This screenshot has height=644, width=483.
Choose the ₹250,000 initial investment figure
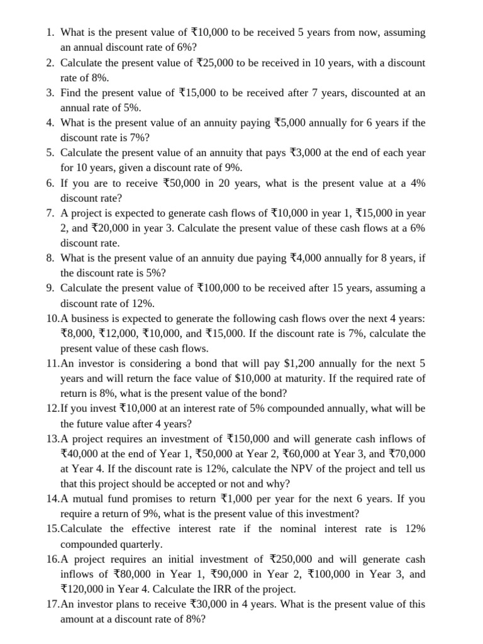click(291, 559)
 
